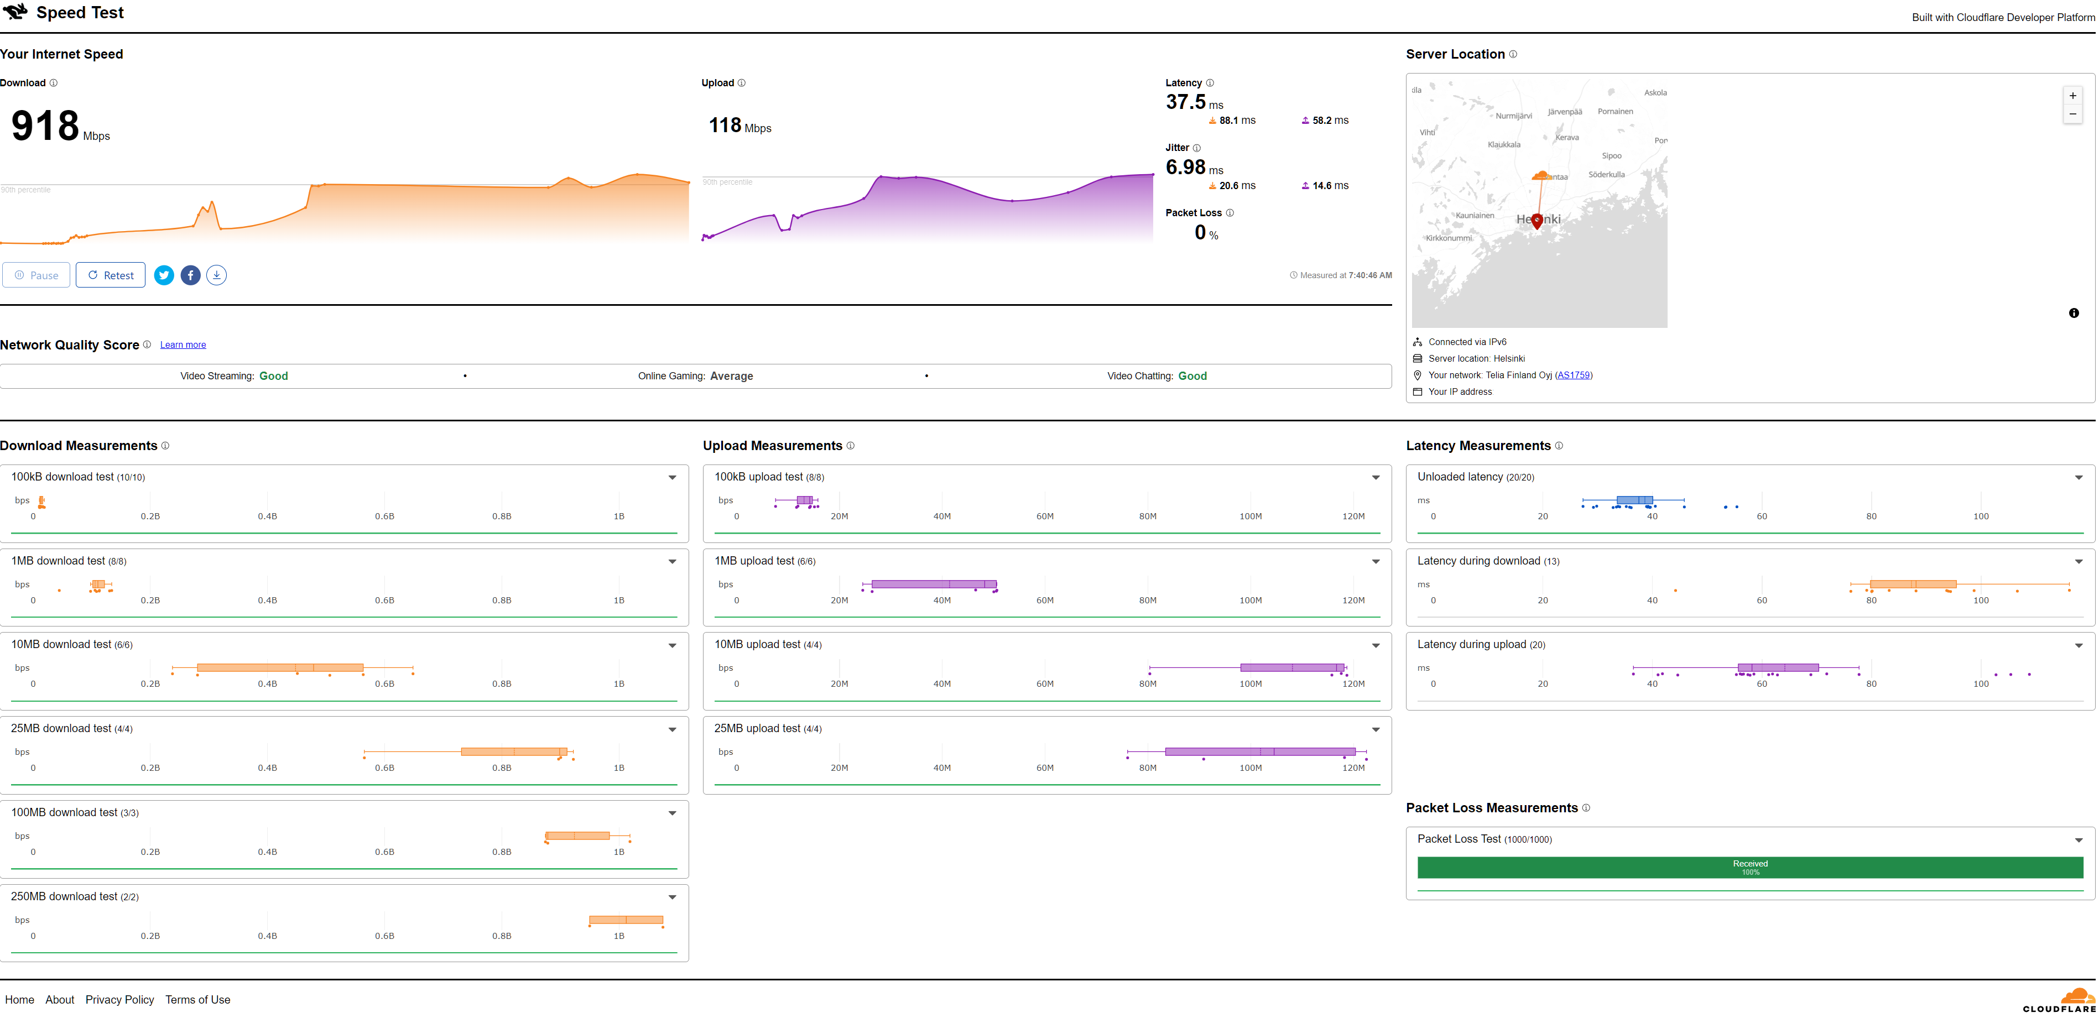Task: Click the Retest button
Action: pyautogui.click(x=111, y=275)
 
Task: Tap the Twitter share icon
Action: pyautogui.click(x=164, y=275)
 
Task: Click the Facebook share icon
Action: pyautogui.click(x=190, y=275)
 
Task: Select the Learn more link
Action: pyautogui.click(x=183, y=345)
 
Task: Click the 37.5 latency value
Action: pyautogui.click(x=1186, y=103)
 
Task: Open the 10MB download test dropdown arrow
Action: pyautogui.click(x=672, y=646)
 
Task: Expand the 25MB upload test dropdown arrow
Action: pyautogui.click(x=1376, y=730)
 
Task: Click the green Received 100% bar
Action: pyautogui.click(x=1749, y=868)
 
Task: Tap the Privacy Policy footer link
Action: pyautogui.click(x=120, y=1000)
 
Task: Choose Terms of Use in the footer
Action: pyautogui.click(x=198, y=1000)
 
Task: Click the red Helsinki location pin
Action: pyautogui.click(x=1537, y=221)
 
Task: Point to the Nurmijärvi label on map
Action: pyautogui.click(x=1513, y=116)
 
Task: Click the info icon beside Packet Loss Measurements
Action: pyautogui.click(x=1586, y=808)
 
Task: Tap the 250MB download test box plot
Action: pyautogui.click(x=626, y=920)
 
